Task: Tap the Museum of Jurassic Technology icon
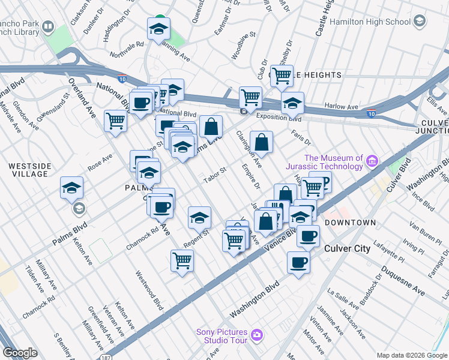coord(372,161)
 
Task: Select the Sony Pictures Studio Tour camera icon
coord(257,334)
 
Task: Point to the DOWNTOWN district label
coord(351,223)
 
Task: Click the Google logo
coord(20,353)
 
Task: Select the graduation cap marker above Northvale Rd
coord(158,29)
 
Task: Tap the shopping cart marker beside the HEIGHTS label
coord(282,76)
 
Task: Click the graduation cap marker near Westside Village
coord(71,188)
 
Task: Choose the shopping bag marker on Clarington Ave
coord(261,143)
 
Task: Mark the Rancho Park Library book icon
coord(47,28)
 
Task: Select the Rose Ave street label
coord(100,161)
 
